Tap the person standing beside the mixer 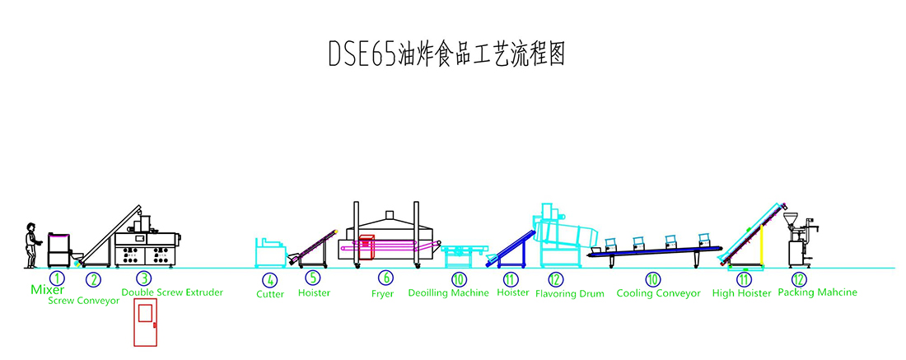32,245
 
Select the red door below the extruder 145,324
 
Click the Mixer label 48,290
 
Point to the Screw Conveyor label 82,301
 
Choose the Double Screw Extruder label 172,292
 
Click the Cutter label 270,294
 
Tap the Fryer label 382,293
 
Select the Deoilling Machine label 448,292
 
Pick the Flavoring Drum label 570,293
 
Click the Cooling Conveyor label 659,293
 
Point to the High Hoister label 742,293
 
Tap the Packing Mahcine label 817,292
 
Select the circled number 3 143,278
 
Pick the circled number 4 271,279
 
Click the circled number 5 313,278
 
